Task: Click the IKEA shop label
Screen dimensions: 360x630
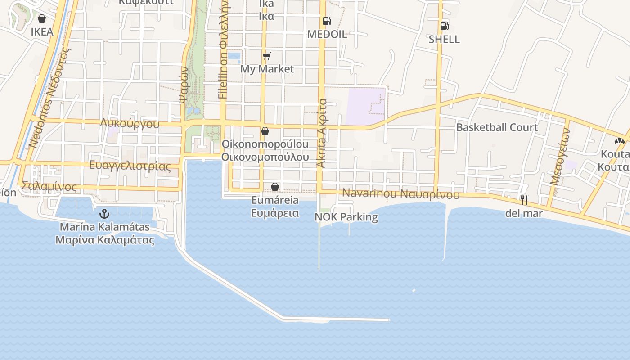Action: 42,32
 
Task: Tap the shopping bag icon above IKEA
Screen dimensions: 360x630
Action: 42,18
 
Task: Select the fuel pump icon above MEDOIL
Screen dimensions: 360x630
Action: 327,21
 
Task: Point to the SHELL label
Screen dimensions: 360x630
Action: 444,40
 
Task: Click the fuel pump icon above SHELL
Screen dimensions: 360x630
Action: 444,26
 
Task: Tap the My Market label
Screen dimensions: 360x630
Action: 267,69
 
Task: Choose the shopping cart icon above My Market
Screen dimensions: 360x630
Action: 267,56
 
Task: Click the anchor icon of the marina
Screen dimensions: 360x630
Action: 104,214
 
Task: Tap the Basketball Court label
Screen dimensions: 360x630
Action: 497,127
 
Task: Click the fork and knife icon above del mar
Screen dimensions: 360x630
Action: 524,200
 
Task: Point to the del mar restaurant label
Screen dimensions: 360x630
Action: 524,213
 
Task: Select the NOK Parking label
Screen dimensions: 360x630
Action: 346,217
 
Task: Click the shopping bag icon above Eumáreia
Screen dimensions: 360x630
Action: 275,187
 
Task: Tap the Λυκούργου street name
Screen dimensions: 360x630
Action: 130,124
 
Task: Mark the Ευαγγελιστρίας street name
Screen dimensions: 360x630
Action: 130,166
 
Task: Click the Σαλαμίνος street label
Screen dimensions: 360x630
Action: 49,186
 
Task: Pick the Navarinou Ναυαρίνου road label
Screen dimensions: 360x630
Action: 401,194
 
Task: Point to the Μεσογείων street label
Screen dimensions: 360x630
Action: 560,157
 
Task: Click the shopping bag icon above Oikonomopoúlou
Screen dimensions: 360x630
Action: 265,131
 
